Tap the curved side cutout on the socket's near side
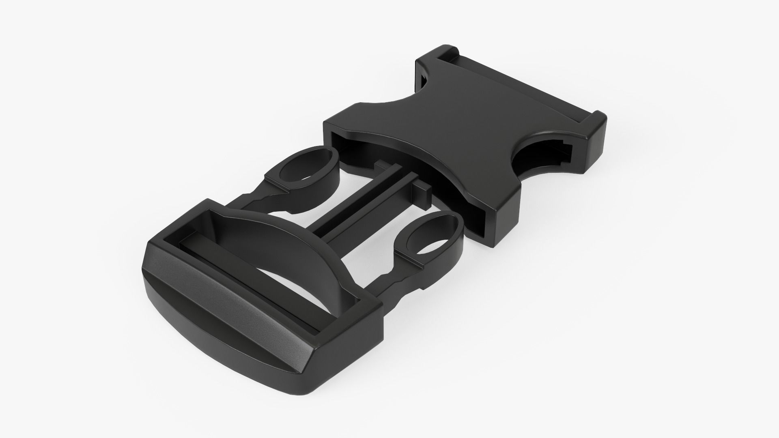pos(536,160)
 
